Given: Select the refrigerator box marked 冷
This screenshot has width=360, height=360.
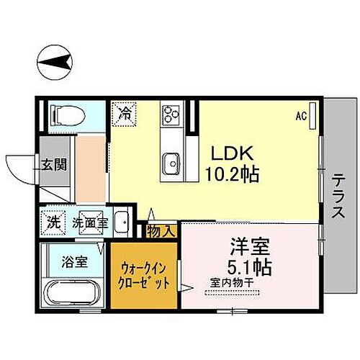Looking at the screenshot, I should [x=124, y=114].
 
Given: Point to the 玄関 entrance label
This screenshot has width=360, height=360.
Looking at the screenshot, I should [x=54, y=163].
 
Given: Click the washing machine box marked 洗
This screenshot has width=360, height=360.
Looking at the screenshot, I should [x=53, y=221].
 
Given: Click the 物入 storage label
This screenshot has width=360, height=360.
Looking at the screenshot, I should [x=161, y=230].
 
